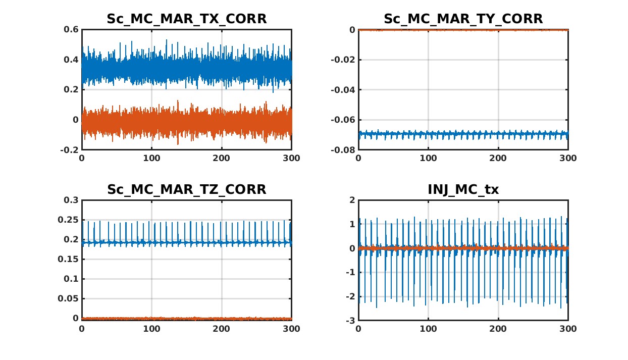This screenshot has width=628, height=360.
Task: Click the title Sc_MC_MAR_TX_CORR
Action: click(x=186, y=19)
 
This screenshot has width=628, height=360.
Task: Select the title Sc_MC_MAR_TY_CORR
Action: click(x=463, y=19)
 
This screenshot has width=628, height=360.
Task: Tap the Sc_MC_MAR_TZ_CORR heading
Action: click(x=186, y=190)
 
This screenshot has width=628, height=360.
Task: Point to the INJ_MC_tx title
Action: click(x=463, y=190)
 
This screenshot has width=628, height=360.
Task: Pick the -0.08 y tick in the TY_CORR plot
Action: click(x=343, y=150)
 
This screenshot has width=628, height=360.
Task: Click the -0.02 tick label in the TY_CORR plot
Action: click(x=343, y=60)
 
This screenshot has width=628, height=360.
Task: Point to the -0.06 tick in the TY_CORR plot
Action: click(x=343, y=120)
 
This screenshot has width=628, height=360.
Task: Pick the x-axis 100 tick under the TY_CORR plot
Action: click(x=428, y=158)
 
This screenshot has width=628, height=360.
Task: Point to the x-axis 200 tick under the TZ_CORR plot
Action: click(x=222, y=329)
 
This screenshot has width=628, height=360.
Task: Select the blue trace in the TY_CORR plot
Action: click(x=463, y=135)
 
